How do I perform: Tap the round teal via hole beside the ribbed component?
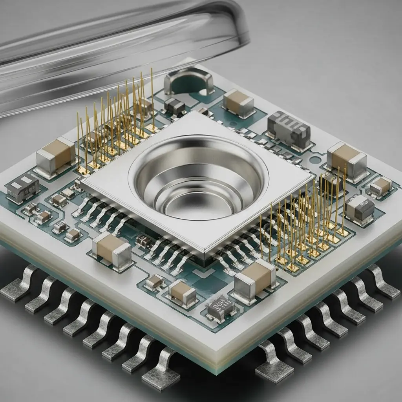coord(313,161)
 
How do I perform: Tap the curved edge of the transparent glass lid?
coord(239,24)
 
